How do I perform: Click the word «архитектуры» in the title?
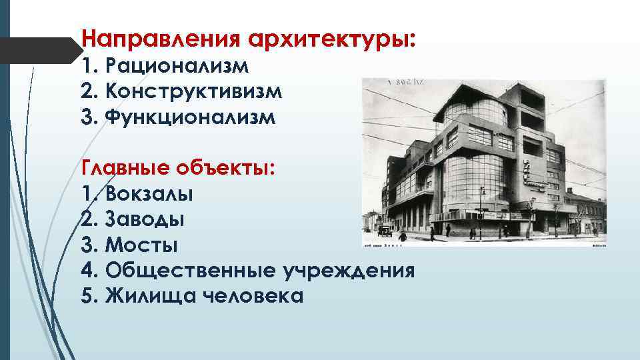click(x=331, y=38)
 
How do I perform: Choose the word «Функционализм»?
click(x=189, y=116)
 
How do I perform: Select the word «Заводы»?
click(x=145, y=219)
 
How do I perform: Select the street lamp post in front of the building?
click(x=482, y=210)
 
